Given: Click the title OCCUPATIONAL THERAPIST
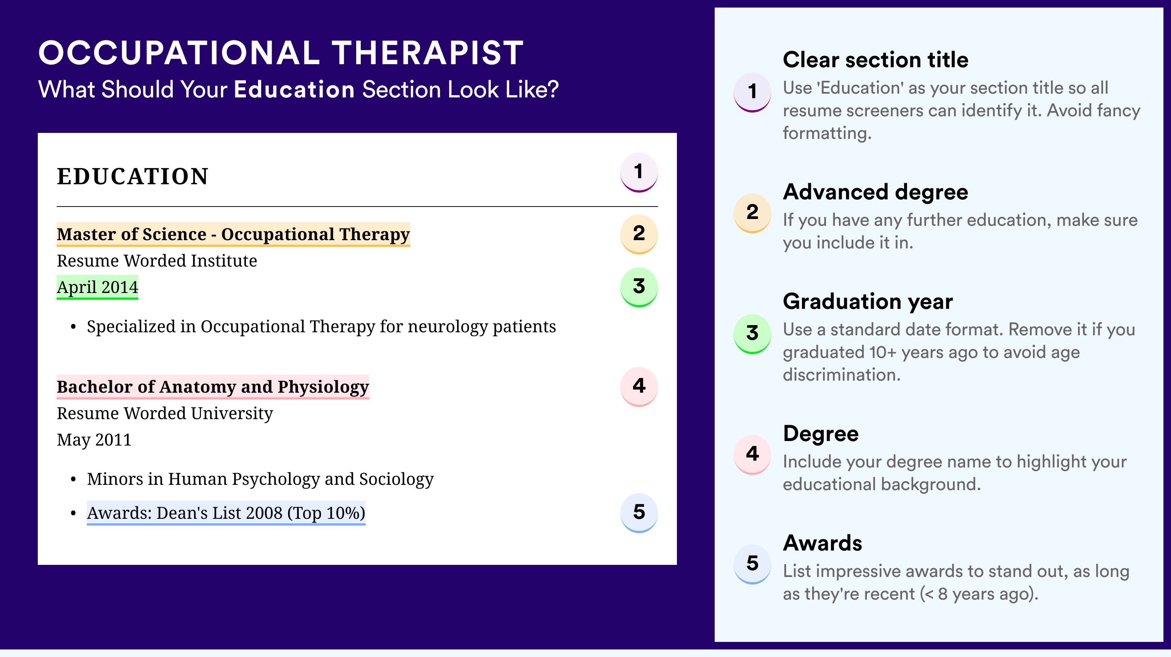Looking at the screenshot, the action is (281, 53).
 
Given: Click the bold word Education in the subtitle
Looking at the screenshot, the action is (294, 89).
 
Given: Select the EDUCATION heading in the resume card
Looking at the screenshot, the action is (132, 176).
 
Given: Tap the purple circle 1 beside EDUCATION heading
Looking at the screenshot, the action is (639, 172).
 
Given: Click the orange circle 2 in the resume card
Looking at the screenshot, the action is (639, 234).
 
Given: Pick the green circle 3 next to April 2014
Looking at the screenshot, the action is (639, 287).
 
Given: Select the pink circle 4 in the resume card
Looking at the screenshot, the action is (639, 387).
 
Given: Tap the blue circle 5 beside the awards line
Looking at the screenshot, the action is (639, 512).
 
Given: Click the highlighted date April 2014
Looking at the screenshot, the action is (97, 287).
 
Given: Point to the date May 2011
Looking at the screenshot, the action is (94, 440).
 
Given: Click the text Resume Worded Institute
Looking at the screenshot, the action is (157, 261).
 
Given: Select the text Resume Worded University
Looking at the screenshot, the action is (165, 413).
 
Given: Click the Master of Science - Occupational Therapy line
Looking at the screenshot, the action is (233, 234).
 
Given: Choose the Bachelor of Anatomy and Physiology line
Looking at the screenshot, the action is (213, 387).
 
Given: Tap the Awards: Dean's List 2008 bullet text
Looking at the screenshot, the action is (226, 513).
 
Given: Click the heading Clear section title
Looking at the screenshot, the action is (876, 60).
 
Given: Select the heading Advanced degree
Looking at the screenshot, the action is (876, 192).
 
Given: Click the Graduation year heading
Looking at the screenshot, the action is (868, 301).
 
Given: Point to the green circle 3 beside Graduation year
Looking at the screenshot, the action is (752, 333).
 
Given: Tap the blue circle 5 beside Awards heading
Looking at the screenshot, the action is (752, 564).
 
